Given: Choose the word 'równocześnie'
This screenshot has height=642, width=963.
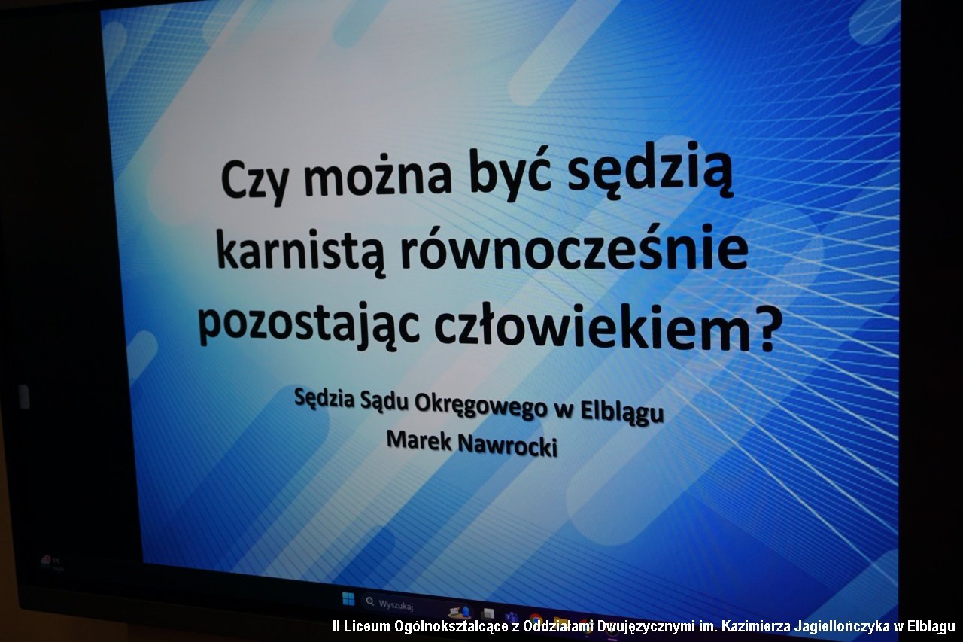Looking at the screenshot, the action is (x=574, y=248).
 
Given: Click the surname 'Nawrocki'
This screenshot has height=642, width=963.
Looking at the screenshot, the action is (x=508, y=446).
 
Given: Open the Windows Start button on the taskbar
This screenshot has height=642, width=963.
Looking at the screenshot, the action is (x=348, y=598).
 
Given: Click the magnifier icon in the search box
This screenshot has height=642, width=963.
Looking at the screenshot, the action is (x=369, y=601).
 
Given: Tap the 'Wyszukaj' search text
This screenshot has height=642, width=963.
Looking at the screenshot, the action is (x=396, y=605).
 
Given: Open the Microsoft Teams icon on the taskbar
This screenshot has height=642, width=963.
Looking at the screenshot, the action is (x=512, y=618).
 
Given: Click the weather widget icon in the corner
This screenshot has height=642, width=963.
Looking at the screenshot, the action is (x=46, y=560).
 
